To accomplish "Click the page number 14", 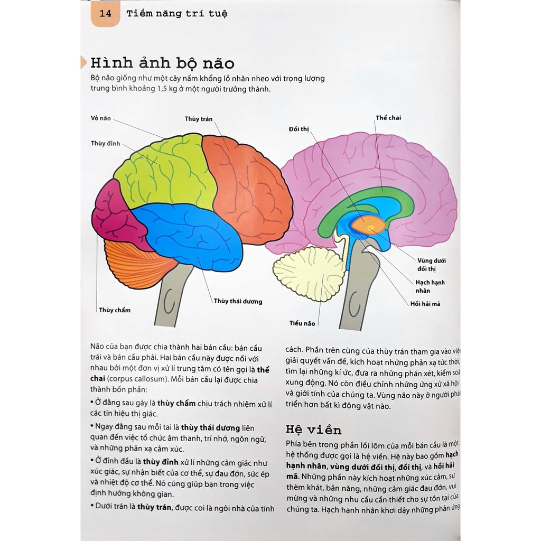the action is pos(105,14).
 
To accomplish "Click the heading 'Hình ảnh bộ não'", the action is pos(162,63).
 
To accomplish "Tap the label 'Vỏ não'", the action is pos(100,118).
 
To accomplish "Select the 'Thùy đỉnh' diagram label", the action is pos(106,144).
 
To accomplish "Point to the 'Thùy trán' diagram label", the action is pos(199,119).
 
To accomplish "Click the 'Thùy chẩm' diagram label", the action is pos(115,310).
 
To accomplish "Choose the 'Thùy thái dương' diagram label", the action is pos(238,301).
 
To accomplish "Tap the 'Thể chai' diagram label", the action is pos(388,117).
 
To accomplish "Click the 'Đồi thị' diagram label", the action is pos(299,129).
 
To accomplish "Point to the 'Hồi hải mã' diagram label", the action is pos(425,304).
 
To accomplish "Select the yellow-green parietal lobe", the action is pos(164,174).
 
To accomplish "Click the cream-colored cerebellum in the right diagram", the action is pos(301,275).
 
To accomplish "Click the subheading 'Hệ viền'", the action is pos(313,429).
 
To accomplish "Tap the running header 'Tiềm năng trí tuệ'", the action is pos(176,14).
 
